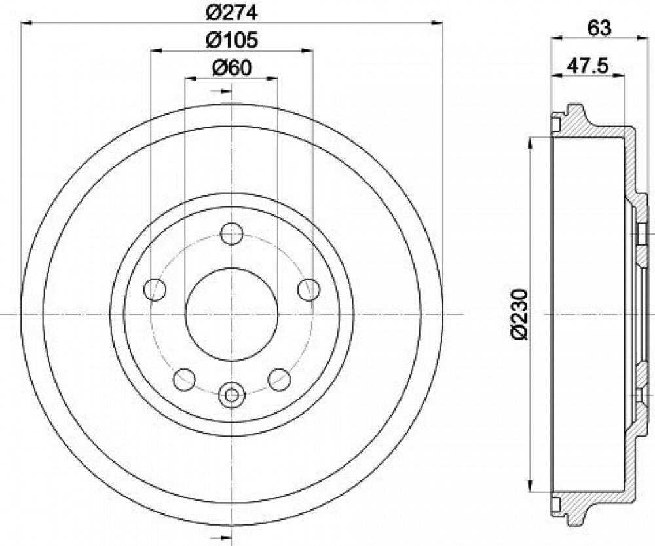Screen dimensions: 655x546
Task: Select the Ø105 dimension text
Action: tap(232, 40)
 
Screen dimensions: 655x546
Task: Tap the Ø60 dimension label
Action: tap(232, 68)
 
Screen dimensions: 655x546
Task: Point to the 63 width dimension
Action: tap(599, 28)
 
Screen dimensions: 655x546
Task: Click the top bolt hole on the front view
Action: tap(231, 234)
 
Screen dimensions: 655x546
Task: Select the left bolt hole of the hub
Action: tap(155, 289)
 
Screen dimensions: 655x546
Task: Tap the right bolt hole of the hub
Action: tap(309, 289)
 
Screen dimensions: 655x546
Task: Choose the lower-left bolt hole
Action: tap(184, 380)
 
